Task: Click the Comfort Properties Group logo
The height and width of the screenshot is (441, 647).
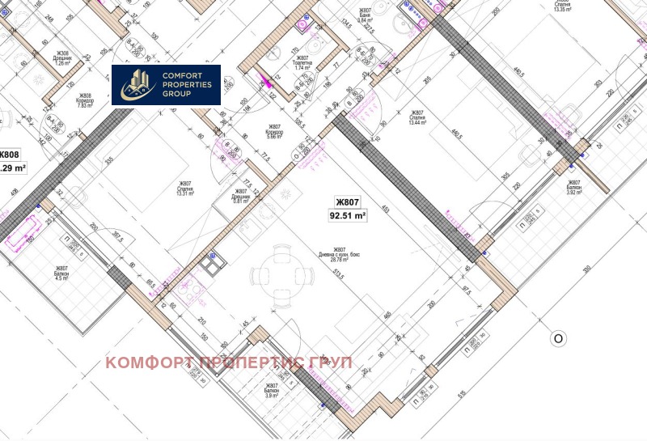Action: tap(166, 85)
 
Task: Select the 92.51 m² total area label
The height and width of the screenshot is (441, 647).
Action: tap(348, 216)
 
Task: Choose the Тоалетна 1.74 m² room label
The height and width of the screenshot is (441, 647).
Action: tap(302, 62)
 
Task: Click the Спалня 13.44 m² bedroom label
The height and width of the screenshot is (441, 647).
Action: tap(418, 118)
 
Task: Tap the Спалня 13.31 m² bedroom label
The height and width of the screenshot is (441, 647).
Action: tap(183, 188)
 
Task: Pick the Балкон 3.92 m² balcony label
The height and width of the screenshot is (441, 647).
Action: tap(574, 188)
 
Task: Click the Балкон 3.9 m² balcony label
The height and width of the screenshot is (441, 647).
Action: tap(272, 392)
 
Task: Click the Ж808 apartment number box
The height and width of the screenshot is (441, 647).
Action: tap(9, 155)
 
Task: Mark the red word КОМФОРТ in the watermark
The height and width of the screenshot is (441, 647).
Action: tap(148, 363)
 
